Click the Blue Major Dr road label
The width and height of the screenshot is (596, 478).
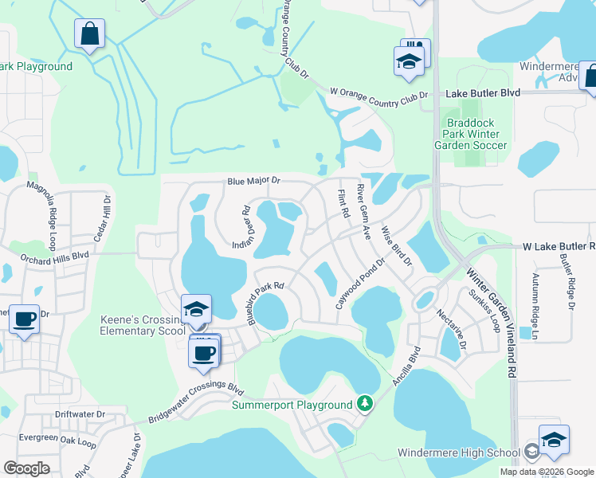tap(254, 181)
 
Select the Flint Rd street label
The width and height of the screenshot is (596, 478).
tap(344, 203)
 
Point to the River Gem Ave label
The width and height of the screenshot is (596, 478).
tap(363, 212)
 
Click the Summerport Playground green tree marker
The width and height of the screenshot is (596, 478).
tap(365, 404)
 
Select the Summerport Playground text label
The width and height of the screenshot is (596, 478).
tap(292, 405)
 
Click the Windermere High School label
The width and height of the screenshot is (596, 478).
tap(459, 453)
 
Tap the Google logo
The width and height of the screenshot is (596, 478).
tap(26, 468)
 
